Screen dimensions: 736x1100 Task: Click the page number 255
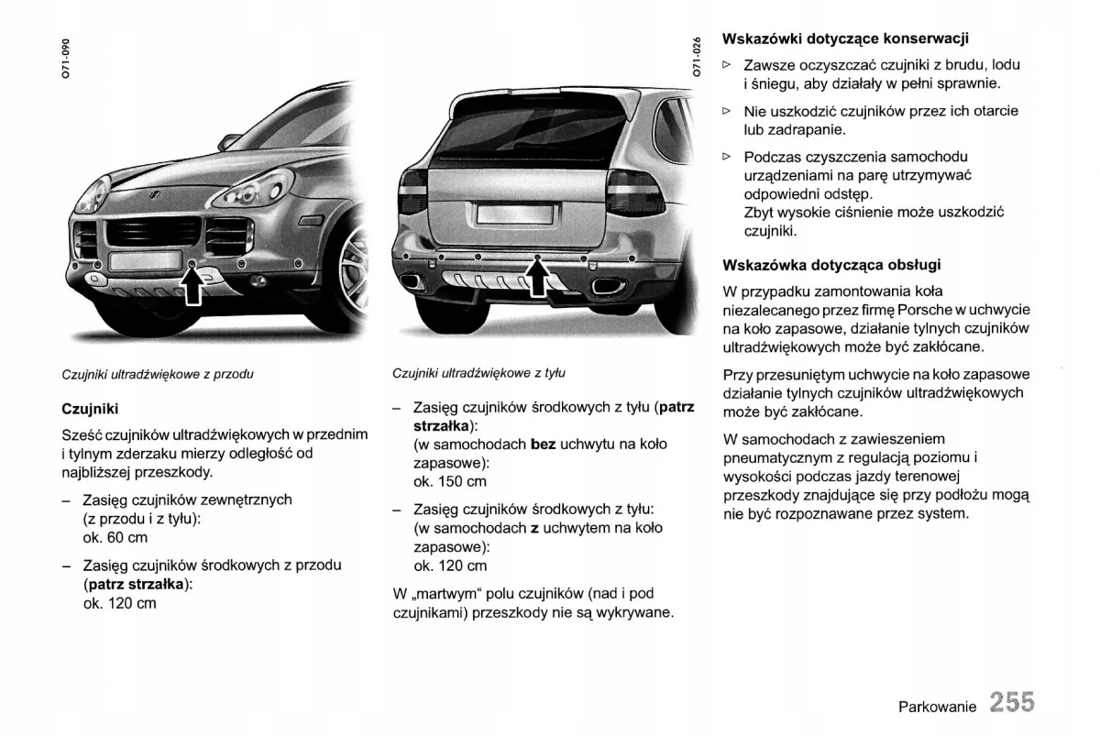(x=1011, y=702)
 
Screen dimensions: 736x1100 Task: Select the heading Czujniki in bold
(x=90, y=408)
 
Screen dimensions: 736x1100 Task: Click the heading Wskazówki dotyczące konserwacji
(x=845, y=38)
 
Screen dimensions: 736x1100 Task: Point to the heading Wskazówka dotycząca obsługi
(x=831, y=265)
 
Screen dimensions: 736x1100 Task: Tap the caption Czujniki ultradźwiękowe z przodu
(x=157, y=374)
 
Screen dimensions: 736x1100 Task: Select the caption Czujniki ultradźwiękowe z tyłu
(x=478, y=373)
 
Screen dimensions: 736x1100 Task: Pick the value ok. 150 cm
(x=450, y=482)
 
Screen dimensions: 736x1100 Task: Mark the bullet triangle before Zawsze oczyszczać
(x=727, y=65)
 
